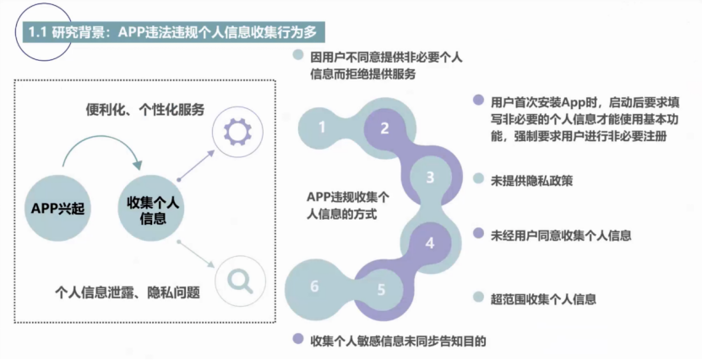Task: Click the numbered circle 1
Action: coord(322,128)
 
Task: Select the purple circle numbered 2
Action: coord(384,128)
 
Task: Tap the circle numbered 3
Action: coord(430,177)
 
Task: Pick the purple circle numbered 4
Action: coord(430,243)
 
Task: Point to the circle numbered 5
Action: coord(381,290)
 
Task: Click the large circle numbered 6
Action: coord(315,287)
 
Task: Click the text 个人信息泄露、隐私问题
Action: coord(127,292)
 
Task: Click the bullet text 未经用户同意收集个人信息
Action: coord(561,235)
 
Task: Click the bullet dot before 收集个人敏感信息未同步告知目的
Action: coord(297,340)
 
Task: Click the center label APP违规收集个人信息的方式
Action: coord(348,205)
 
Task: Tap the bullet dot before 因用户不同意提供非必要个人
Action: coord(297,57)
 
